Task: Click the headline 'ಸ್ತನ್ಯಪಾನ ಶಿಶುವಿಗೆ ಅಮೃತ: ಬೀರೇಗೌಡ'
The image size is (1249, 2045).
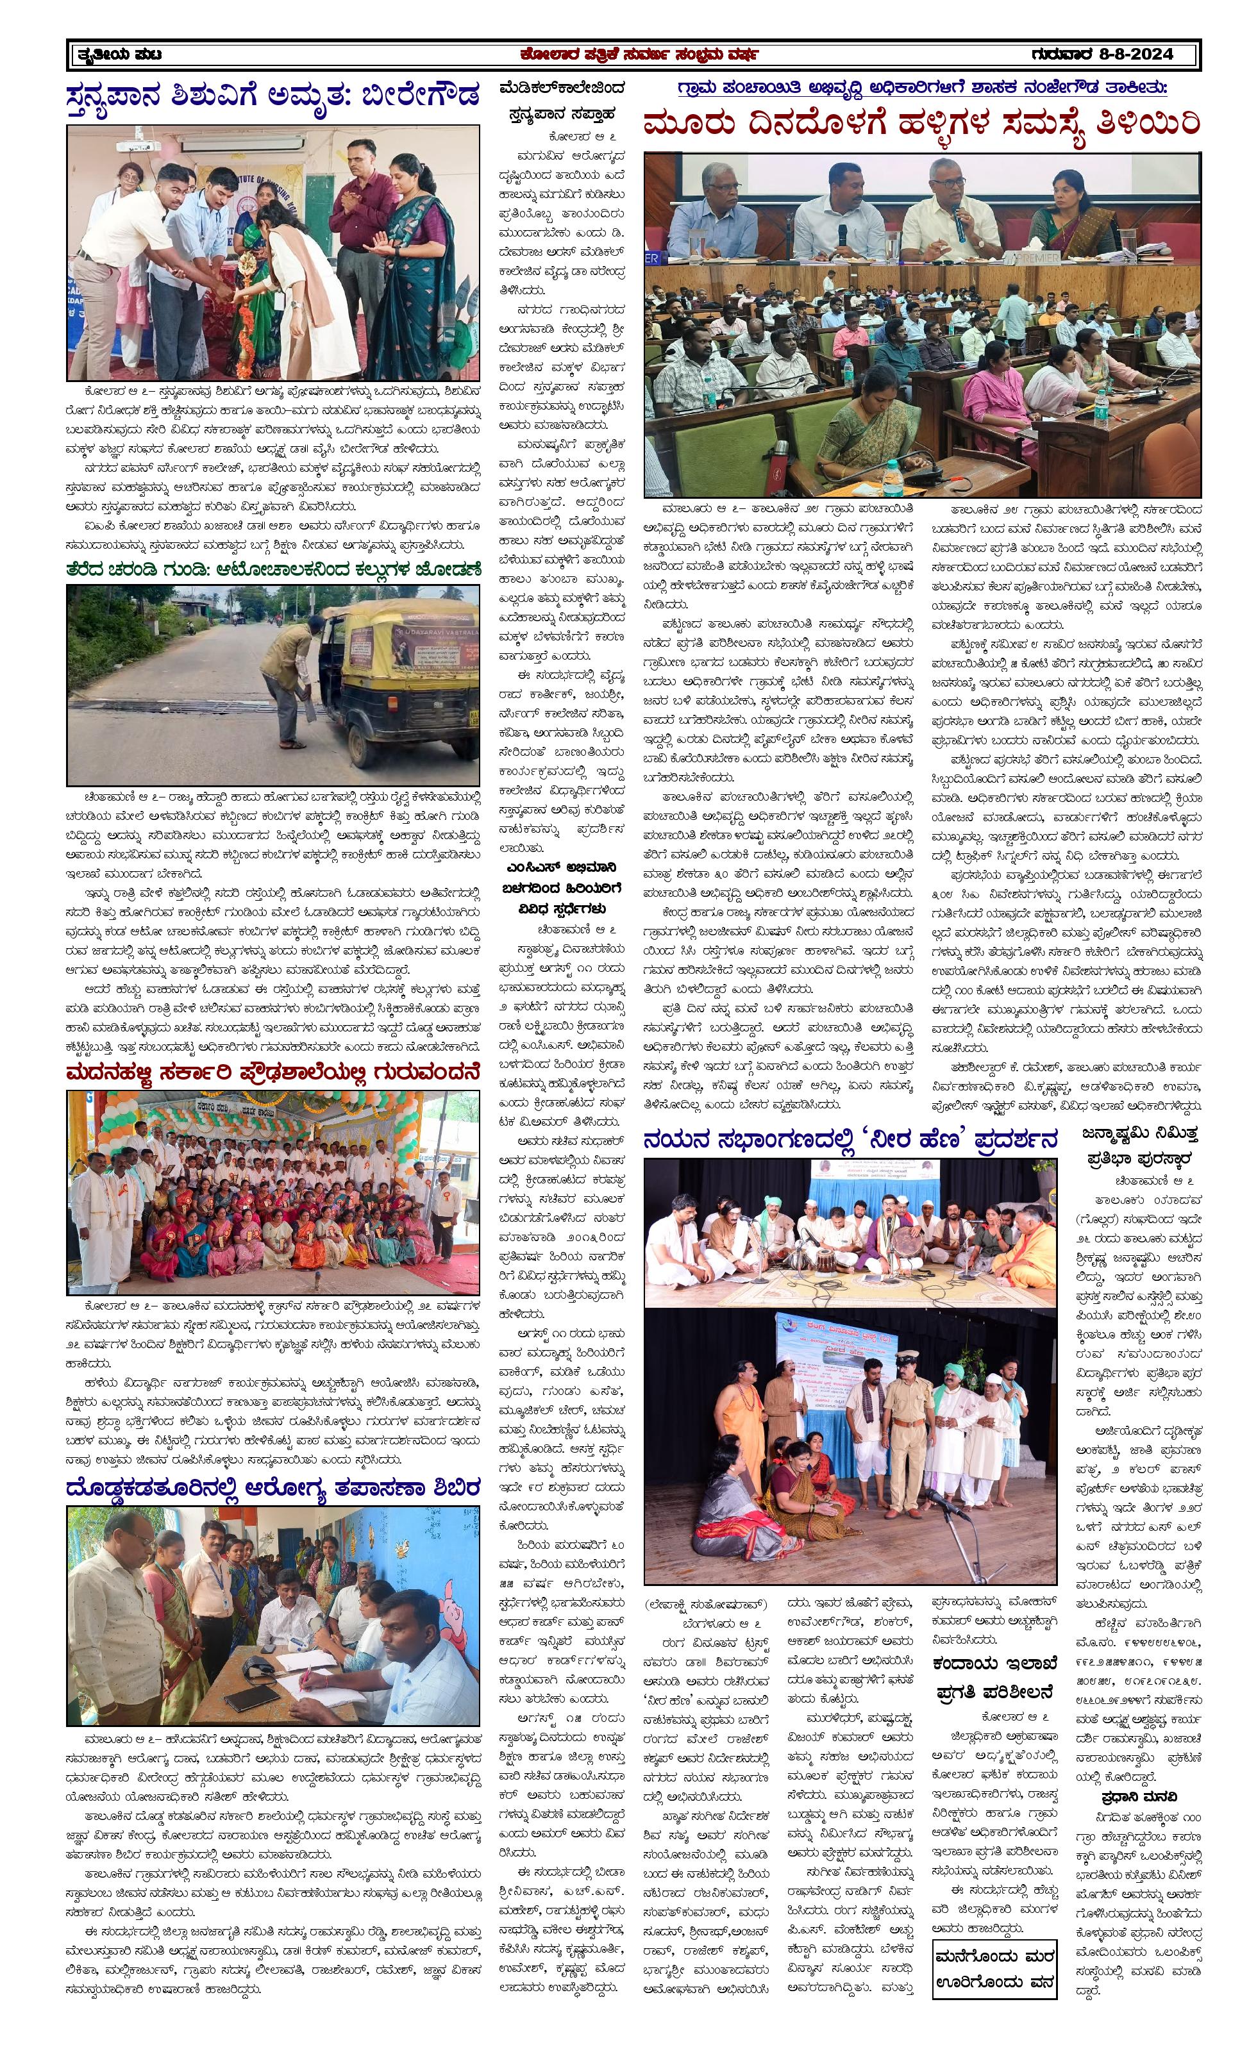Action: (273, 95)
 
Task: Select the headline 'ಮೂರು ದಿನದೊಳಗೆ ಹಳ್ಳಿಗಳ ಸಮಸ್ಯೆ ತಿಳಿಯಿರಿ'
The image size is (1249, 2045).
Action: (922, 124)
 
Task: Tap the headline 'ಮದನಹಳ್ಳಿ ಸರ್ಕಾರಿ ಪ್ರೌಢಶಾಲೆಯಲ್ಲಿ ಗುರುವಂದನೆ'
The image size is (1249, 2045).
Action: (273, 1073)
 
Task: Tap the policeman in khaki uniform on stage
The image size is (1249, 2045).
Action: (908, 1424)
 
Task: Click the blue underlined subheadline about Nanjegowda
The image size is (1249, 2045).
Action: (922, 88)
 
